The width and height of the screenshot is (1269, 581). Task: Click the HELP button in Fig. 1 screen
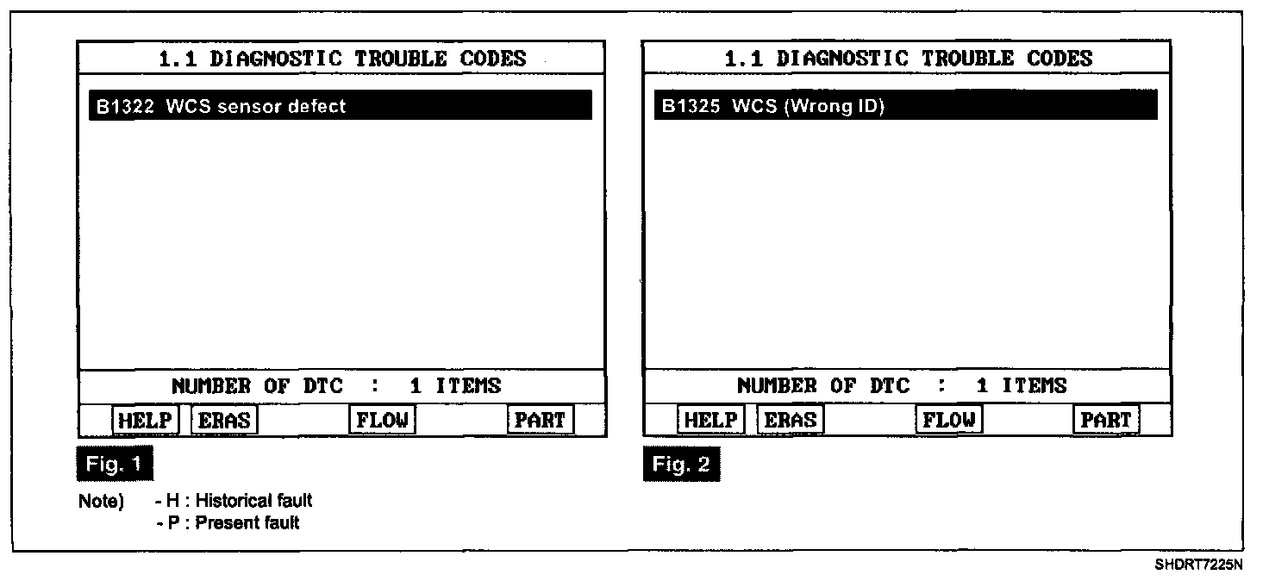pyautogui.click(x=144, y=420)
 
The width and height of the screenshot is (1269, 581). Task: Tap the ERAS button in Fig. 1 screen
pyautogui.click(x=224, y=420)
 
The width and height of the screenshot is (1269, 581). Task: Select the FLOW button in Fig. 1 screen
pyautogui.click(x=382, y=420)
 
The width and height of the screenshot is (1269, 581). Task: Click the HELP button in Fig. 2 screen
pyautogui.click(x=710, y=420)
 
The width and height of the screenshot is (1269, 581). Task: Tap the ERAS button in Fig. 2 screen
pyautogui.click(x=791, y=420)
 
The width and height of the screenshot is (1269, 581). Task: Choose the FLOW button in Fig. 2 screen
pyautogui.click(x=948, y=420)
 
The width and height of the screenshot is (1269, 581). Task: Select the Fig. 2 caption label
pyautogui.click(x=681, y=465)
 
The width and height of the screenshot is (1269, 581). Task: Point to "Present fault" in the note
pyautogui.click(x=247, y=522)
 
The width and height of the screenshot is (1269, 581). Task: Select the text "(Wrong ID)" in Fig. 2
pyautogui.click(x=834, y=107)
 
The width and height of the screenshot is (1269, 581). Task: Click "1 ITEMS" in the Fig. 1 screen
pyautogui.click(x=455, y=385)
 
